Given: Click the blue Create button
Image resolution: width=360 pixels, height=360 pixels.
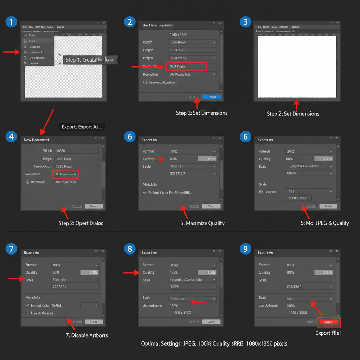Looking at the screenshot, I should click(x=212, y=97).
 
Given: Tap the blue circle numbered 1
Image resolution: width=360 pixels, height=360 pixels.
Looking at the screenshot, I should click(x=11, y=22).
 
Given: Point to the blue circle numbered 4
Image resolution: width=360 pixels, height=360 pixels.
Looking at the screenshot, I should click(x=11, y=136).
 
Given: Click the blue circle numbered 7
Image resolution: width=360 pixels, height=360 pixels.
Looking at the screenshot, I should click(x=11, y=249).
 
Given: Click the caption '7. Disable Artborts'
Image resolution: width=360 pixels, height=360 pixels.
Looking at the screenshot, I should click(x=87, y=335).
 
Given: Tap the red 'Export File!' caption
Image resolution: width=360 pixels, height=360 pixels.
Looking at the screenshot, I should click(x=328, y=333).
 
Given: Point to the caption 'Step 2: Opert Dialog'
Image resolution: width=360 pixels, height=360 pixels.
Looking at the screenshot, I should click(x=81, y=223).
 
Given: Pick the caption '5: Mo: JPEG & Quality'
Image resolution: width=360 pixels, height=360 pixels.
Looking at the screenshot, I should click(x=325, y=223).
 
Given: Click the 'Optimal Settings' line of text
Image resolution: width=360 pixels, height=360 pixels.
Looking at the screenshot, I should click(x=215, y=343).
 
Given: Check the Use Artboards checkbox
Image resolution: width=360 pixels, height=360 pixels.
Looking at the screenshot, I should click(x=27, y=313).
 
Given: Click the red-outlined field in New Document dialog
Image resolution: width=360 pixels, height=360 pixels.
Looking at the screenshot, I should click(x=66, y=174).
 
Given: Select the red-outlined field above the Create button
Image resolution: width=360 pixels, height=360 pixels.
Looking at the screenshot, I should click(x=186, y=66).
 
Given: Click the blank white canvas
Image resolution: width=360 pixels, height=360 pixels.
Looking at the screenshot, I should click(x=297, y=67).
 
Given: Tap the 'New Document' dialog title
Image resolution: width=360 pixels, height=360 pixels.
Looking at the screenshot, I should click(x=37, y=140).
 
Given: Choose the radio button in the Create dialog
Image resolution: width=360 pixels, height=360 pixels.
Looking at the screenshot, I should click(x=145, y=82).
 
